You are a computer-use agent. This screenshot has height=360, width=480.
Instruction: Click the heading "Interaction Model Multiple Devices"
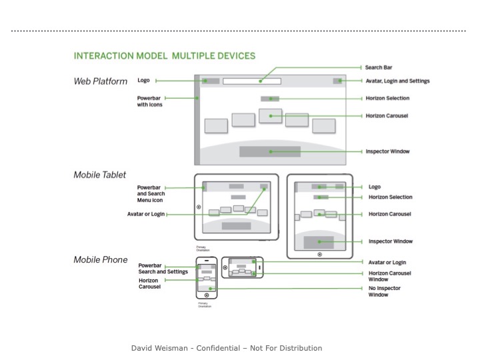pyautogui.click(x=164, y=56)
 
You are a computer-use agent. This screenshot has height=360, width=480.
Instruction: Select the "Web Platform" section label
pyautogui.click(x=100, y=81)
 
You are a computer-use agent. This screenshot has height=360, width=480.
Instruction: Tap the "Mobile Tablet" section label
pyautogui.click(x=99, y=175)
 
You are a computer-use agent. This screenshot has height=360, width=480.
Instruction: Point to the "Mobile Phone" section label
pyautogui.click(x=100, y=259)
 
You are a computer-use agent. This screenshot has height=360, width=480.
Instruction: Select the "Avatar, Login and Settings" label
pyautogui.click(x=397, y=81)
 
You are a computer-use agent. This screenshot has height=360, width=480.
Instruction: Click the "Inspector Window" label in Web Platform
pyautogui.click(x=387, y=151)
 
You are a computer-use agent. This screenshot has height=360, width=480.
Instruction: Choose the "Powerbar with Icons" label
pyautogui.click(x=150, y=101)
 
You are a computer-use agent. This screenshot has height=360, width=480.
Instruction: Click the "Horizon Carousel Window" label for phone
pyautogui.click(x=389, y=276)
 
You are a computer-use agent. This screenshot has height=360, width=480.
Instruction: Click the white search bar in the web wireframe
pyautogui.click(x=251, y=81)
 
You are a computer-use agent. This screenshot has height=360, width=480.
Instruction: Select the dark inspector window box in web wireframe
pyautogui.click(x=269, y=151)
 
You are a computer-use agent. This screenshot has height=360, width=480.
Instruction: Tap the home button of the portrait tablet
pyautogui.click(x=320, y=254)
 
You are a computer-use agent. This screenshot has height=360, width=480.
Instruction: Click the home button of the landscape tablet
pyautogui.click(x=199, y=207)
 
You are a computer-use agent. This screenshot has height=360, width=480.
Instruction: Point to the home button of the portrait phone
pyautogui.click(x=207, y=295)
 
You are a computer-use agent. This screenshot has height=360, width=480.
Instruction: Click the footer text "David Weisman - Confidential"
pyautogui.click(x=227, y=348)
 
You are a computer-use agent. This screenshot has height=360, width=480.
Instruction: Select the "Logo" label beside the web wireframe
pyautogui.click(x=143, y=81)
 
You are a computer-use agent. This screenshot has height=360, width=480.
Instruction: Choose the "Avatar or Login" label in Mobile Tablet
pyautogui.click(x=145, y=214)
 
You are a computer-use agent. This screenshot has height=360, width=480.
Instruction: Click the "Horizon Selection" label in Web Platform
pyautogui.click(x=387, y=99)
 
